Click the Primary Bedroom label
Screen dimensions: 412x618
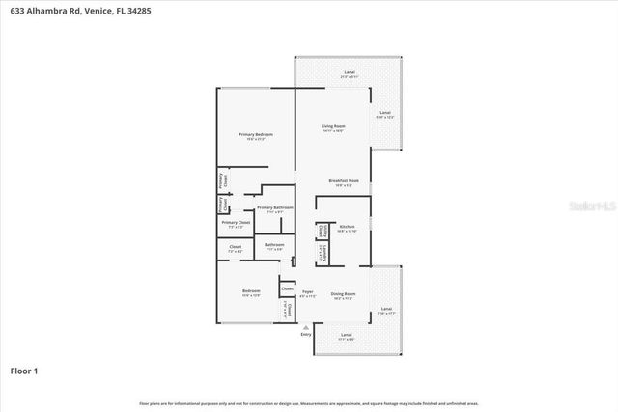pyautogui.click(x=256, y=134)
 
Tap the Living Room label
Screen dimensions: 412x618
pyautogui.click(x=333, y=126)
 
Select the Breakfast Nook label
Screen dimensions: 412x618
pyautogui.click(x=344, y=181)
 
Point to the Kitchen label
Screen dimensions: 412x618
pyautogui.click(x=347, y=227)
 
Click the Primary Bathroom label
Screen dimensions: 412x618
pyautogui.click(x=275, y=207)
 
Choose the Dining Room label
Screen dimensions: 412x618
pyautogui.click(x=344, y=293)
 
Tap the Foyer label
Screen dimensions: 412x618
pyautogui.click(x=307, y=292)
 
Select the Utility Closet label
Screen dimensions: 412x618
pyautogui.click(x=320, y=232)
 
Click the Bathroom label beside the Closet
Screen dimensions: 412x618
pyautogui.click(x=274, y=245)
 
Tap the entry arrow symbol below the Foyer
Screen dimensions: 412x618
pyautogui.click(x=306, y=327)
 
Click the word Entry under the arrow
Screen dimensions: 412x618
pyautogui.click(x=306, y=335)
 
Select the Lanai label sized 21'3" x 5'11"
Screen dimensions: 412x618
pyautogui.click(x=349, y=73)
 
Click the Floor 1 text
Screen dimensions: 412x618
pyautogui.click(x=24, y=371)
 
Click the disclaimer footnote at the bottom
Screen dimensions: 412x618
pyautogui.click(x=309, y=403)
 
